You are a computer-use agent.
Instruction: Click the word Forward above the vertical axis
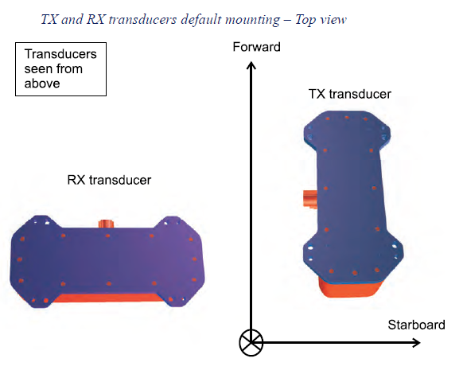256,47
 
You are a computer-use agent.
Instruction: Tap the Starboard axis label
416,325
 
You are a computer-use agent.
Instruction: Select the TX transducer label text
349,94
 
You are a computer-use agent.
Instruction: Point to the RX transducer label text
109,180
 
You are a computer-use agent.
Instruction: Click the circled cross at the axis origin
251,343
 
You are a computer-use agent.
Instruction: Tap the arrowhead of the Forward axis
251,65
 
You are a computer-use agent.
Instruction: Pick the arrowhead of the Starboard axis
416,343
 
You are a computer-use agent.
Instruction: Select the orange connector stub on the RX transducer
107,224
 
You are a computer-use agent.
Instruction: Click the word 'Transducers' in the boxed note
60,54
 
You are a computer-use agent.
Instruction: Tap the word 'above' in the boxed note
42,84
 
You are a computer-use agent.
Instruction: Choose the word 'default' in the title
200,20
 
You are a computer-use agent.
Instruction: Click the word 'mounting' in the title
252,20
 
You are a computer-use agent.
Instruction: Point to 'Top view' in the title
321,20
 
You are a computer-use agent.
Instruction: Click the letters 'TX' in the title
49,20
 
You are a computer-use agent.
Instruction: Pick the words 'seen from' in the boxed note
53,69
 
